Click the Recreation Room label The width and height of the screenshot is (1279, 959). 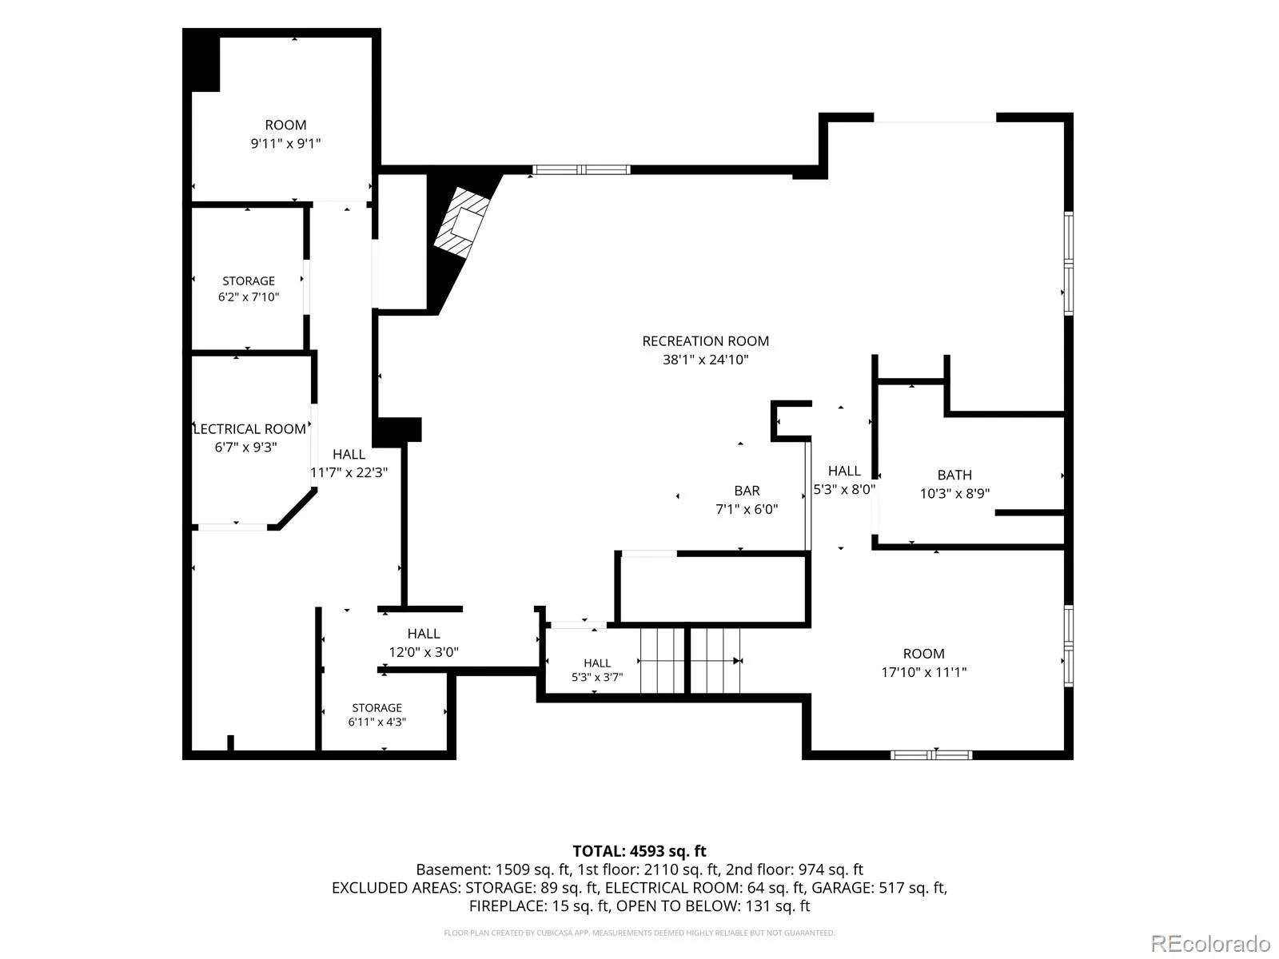click(705, 341)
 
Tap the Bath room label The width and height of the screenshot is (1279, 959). click(954, 476)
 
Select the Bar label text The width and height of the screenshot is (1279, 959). click(747, 491)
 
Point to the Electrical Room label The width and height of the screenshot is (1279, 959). click(249, 429)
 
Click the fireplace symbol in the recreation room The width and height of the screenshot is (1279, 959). click(462, 222)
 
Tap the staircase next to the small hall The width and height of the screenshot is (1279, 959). click(690, 660)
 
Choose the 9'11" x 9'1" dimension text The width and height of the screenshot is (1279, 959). click(285, 143)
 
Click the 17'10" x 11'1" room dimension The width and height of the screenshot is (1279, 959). click(923, 672)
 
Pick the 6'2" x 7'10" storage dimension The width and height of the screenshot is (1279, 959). click(249, 297)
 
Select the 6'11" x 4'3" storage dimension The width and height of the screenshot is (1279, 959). click(377, 722)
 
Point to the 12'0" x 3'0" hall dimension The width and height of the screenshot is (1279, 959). click(424, 652)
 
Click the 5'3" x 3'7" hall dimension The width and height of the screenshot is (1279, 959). click(596, 677)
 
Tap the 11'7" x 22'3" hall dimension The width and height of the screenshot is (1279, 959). click(349, 472)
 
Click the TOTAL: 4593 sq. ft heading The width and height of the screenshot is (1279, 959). click(639, 851)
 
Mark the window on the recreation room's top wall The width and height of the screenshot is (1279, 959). click(581, 170)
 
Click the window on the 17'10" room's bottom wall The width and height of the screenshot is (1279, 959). click(931, 755)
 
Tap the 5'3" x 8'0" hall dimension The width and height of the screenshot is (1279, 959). click(844, 489)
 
